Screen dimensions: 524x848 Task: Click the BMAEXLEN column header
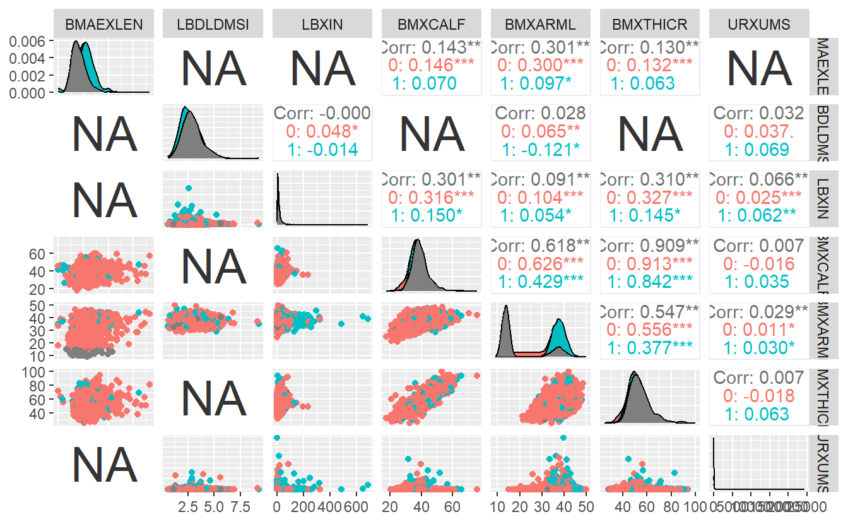pos(104,25)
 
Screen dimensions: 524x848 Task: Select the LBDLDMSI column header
pos(213,25)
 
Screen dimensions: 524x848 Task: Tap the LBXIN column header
pos(322,25)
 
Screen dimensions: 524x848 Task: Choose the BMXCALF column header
pos(432,25)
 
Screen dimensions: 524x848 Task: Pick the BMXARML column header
pos(541,25)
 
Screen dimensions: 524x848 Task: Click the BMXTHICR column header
pos(650,25)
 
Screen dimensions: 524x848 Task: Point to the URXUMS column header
pos(759,25)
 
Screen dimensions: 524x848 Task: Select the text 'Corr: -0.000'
pos(322,114)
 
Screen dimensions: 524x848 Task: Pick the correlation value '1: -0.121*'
pos(541,150)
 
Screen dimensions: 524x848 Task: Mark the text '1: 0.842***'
pos(650,281)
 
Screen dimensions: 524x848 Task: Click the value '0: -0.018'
pos(759,396)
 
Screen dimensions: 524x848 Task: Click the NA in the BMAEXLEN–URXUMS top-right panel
pos(759,66)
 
